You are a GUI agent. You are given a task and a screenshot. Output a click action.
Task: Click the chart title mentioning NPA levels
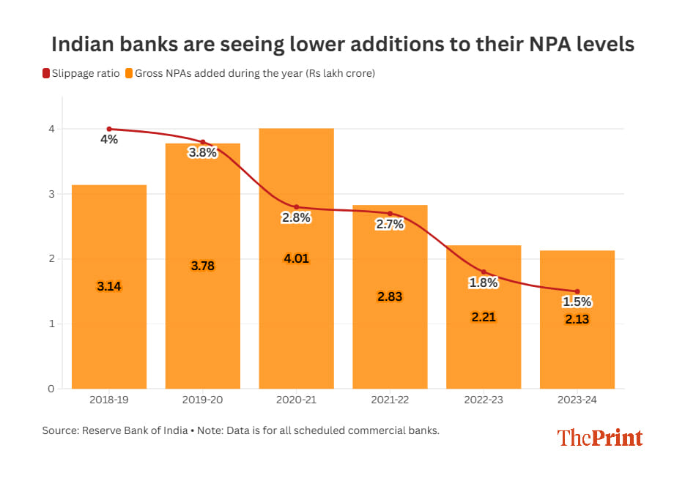tap(342, 45)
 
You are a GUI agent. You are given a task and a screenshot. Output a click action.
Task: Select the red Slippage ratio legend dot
tap(46, 73)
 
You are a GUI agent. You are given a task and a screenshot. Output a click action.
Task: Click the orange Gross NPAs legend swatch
tap(129, 73)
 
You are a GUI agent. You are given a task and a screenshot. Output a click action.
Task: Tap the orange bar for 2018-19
tap(109, 322)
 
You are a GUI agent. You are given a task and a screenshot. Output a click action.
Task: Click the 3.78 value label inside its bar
tap(203, 266)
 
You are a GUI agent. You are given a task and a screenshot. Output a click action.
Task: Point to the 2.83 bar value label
tap(390, 296)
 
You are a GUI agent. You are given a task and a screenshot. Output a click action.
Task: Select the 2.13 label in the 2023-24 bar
tap(577, 319)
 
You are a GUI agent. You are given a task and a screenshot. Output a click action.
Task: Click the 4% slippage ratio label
tap(109, 139)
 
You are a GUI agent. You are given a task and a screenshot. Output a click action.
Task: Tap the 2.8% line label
tap(296, 217)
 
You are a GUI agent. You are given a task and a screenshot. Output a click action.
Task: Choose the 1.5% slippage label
tap(577, 302)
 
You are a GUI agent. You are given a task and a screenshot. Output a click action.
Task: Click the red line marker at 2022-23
tap(484, 272)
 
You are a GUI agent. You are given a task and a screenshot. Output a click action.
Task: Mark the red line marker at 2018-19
tap(109, 129)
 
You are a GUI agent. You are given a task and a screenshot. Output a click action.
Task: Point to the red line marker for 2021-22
tap(390, 213)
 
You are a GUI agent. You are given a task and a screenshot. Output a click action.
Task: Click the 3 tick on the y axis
tap(51, 194)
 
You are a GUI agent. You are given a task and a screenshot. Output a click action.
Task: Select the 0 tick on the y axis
tap(51, 389)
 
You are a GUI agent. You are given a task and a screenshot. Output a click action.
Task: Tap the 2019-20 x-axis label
tap(203, 400)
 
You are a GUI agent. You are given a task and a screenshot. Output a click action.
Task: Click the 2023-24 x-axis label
tap(577, 400)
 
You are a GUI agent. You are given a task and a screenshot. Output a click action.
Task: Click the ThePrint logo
tap(599, 438)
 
